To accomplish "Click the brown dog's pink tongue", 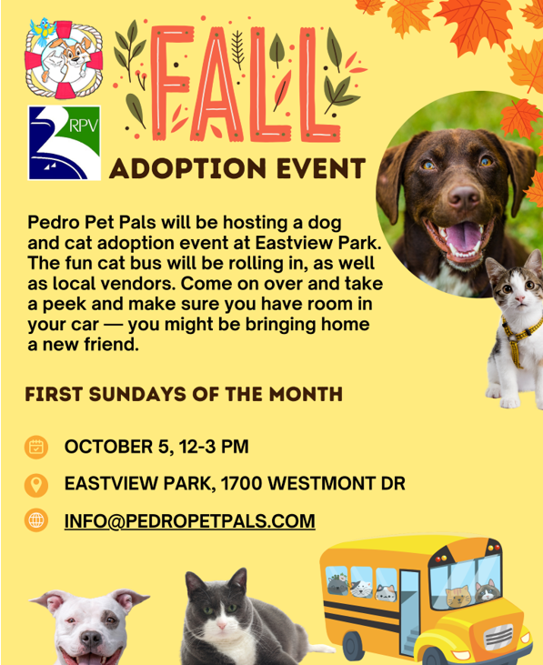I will [x=466, y=237].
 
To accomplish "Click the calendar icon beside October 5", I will [x=36, y=447].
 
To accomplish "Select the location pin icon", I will [x=36, y=484].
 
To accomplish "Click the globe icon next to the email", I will [x=36, y=521].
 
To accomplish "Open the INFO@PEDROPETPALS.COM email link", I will [x=189, y=521].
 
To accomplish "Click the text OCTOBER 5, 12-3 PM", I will [x=156, y=447].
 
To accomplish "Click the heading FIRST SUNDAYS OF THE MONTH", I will [x=184, y=395].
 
